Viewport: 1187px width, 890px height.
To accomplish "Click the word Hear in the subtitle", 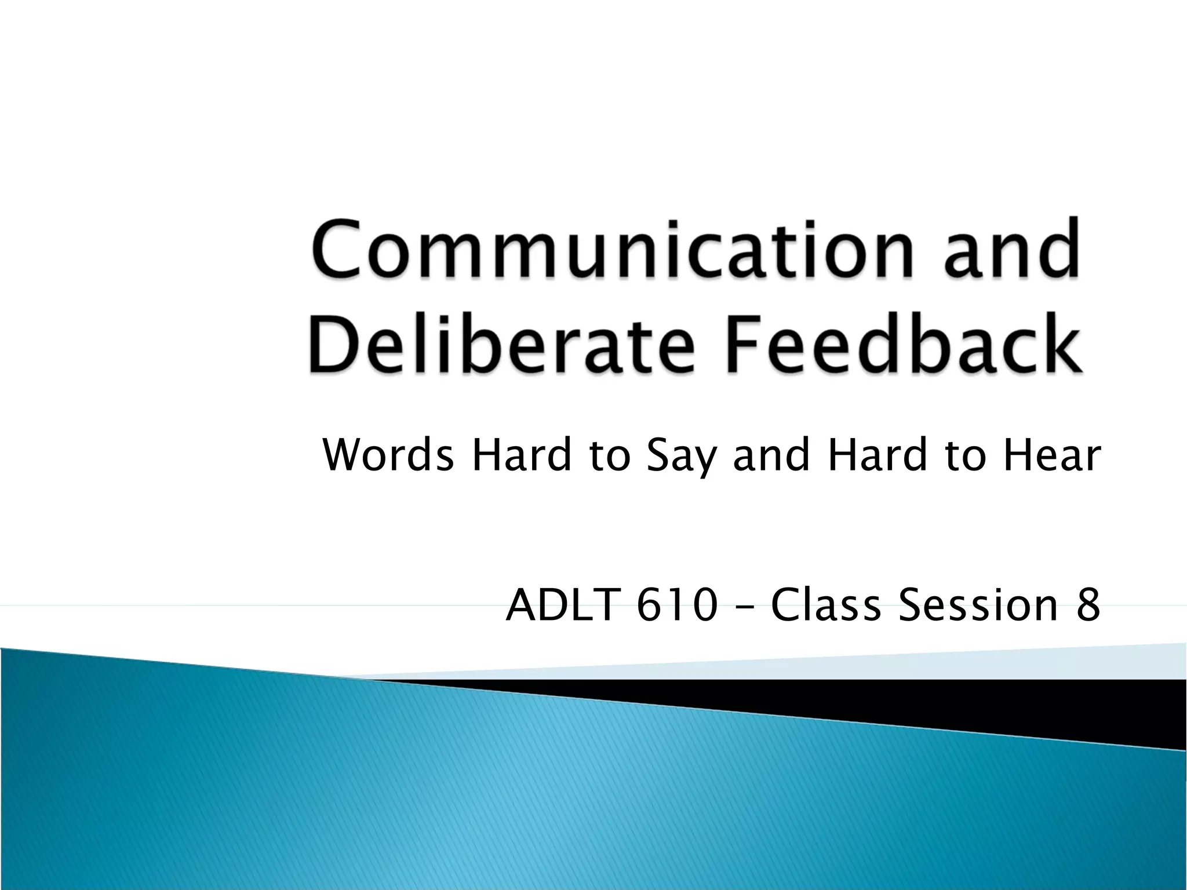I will [1052, 455].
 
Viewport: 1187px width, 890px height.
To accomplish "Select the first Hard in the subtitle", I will [522, 455].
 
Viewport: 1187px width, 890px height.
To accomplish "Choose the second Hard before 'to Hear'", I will [877, 455].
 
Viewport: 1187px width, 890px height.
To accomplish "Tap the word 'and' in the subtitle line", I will [771, 455].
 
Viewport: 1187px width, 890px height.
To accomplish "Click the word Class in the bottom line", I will [825, 604].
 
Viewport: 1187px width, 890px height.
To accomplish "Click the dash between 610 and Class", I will [744, 607].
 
